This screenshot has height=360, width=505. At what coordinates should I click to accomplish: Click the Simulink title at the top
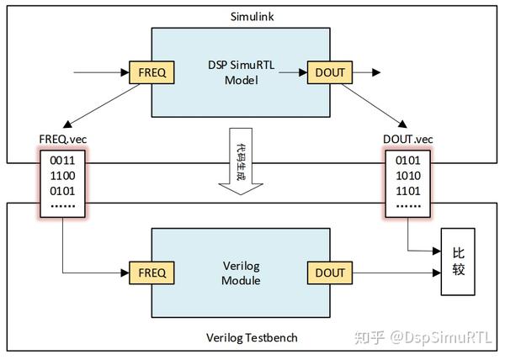(253, 16)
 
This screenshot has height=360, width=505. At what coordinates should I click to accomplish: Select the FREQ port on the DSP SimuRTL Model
(152, 72)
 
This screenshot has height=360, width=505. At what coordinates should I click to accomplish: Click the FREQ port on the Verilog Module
(152, 273)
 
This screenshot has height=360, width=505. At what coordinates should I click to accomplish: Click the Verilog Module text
(242, 273)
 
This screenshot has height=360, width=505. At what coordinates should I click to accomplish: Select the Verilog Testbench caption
(252, 338)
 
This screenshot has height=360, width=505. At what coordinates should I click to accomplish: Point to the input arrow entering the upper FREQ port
(101, 72)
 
